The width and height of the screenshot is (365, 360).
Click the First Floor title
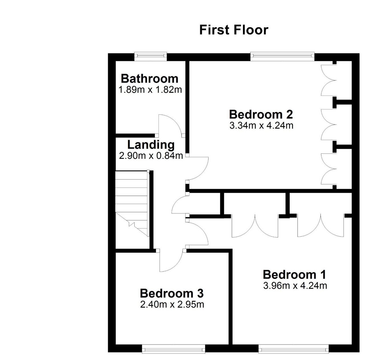(234, 30)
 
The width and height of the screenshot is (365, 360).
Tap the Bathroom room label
(149, 79)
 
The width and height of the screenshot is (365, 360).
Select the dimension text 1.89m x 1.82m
(150, 90)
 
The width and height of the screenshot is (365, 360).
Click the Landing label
(151, 145)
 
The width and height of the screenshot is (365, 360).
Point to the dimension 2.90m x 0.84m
(151, 156)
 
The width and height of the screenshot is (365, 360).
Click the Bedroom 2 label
(261, 114)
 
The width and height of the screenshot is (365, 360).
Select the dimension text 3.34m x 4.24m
(261, 125)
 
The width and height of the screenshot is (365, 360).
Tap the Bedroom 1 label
(294, 274)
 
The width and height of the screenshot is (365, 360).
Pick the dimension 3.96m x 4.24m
(295, 285)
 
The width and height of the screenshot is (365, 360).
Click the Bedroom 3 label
(172, 293)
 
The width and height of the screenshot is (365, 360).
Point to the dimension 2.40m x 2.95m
(172, 304)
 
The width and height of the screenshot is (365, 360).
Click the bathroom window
(151, 56)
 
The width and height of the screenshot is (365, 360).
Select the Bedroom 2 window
(282, 56)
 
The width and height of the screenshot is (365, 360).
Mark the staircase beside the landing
(132, 204)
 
